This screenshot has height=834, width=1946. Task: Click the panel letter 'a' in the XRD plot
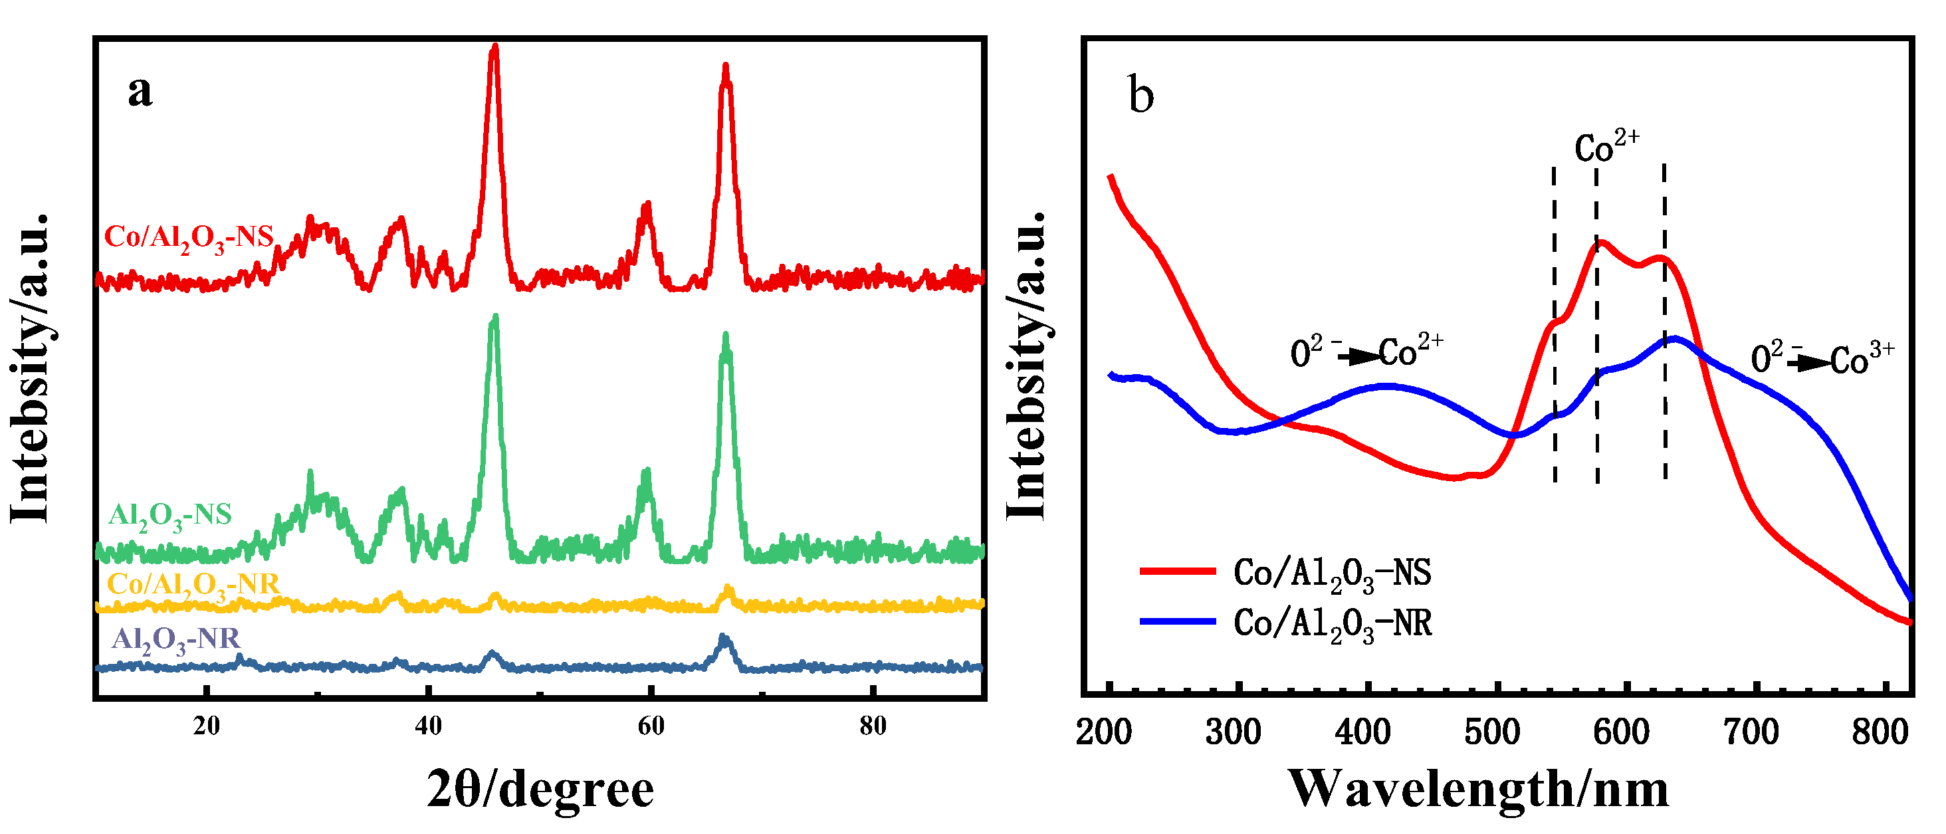(x=140, y=93)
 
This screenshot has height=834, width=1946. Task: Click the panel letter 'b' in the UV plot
(x=1140, y=96)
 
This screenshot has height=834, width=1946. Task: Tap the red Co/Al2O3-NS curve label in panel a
(x=189, y=238)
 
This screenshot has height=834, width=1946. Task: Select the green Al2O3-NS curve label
(x=170, y=516)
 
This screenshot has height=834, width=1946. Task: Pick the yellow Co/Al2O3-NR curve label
(x=193, y=585)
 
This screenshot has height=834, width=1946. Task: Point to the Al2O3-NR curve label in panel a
(x=175, y=641)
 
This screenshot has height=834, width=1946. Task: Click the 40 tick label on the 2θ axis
(x=428, y=727)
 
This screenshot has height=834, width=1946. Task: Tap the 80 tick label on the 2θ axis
(x=873, y=727)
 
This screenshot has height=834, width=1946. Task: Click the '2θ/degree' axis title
(x=540, y=790)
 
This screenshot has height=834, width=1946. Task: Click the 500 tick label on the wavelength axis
(x=1492, y=733)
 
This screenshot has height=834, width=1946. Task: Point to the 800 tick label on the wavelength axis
(x=1880, y=733)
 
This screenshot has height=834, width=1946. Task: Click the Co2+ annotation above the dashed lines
(x=1607, y=146)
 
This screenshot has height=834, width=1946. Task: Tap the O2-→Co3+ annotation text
(x=1822, y=358)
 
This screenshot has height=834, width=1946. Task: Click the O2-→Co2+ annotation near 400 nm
(x=1366, y=352)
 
